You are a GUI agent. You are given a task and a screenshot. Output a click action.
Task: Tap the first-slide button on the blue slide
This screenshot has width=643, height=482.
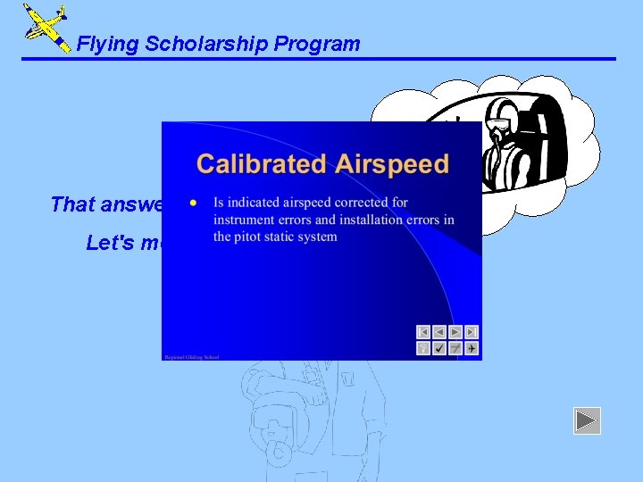423,332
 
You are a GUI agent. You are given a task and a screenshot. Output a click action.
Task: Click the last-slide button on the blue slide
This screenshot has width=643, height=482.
472,332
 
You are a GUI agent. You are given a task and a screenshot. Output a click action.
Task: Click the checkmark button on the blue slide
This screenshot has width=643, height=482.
439,348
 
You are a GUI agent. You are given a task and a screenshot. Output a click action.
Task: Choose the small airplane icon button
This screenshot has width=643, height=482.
472,348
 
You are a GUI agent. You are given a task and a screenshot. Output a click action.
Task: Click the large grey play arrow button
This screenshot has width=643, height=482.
587,420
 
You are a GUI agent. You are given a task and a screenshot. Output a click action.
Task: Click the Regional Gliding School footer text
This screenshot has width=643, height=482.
191,356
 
